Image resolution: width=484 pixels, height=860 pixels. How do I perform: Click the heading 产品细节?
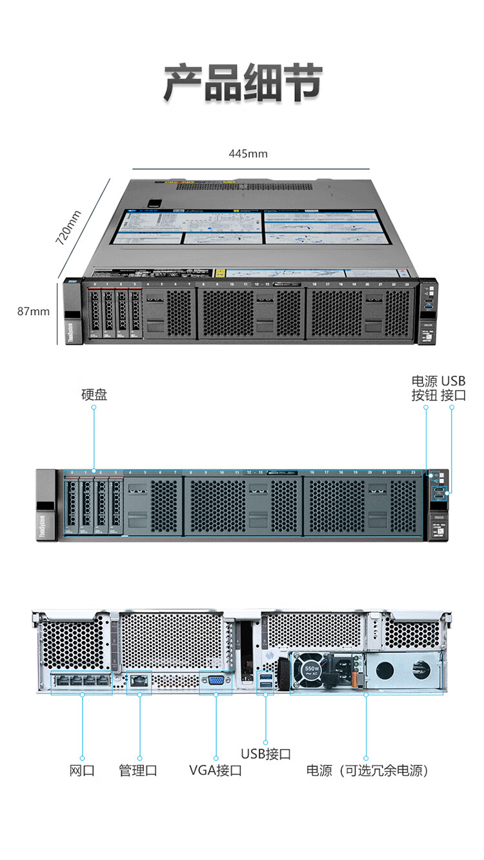[242, 83]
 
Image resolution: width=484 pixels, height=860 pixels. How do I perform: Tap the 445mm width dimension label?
[248, 154]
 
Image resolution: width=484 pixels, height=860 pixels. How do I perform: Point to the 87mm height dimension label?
[33, 311]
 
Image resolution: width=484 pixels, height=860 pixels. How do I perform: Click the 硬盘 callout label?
[94, 394]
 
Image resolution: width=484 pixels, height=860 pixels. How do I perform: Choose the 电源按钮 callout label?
[424, 388]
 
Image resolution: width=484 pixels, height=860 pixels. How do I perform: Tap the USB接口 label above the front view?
[453, 388]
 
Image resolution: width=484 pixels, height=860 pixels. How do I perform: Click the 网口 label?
[82, 770]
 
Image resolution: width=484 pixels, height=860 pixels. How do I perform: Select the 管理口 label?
[138, 770]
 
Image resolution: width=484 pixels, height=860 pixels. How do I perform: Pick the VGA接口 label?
[216, 770]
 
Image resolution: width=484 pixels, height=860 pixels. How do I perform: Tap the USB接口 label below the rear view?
[266, 753]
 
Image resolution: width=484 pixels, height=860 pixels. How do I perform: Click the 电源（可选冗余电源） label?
[367, 770]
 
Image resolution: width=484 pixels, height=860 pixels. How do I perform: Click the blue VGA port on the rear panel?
[215, 682]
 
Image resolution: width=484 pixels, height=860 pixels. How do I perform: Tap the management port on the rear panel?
[139, 681]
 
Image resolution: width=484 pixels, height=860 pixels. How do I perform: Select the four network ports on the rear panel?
[82, 681]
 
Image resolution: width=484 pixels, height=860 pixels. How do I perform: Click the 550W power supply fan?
[311, 670]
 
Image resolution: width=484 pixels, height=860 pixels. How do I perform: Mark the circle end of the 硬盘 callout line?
[94, 470]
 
